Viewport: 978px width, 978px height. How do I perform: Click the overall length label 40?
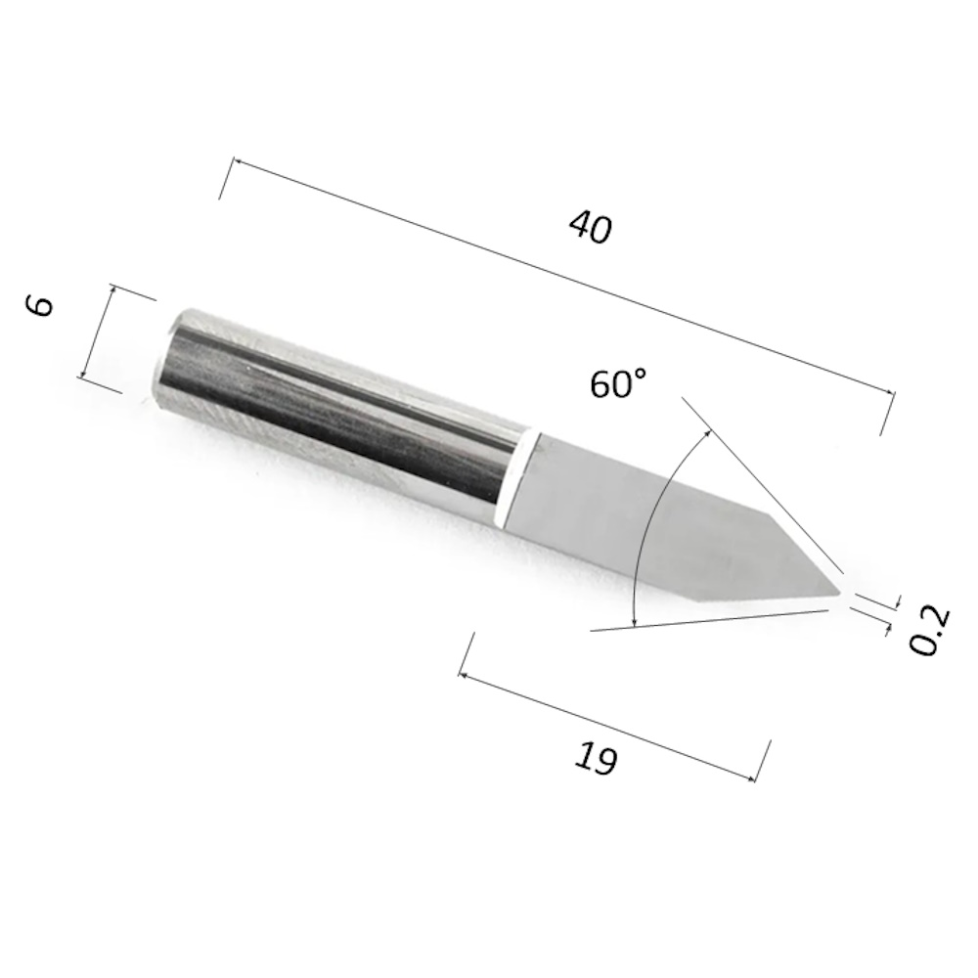click(590, 227)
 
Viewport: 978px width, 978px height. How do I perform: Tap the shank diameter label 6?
click(40, 305)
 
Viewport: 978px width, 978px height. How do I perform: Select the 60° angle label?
click(618, 383)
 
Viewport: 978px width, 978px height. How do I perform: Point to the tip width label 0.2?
click(929, 629)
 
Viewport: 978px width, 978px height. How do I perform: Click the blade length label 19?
click(596, 758)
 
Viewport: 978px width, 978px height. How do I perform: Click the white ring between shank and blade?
click(518, 477)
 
